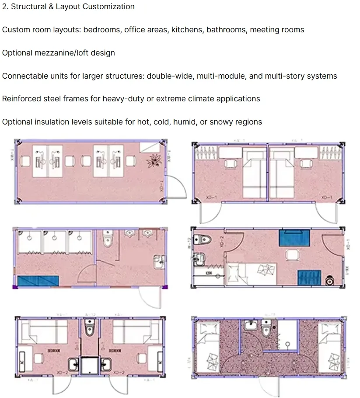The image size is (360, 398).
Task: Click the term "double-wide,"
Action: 170,76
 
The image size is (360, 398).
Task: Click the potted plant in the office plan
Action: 154,160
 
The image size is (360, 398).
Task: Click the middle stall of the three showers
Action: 54,242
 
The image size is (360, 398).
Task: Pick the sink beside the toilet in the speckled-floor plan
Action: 250,325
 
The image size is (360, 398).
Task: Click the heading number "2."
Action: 5,7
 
